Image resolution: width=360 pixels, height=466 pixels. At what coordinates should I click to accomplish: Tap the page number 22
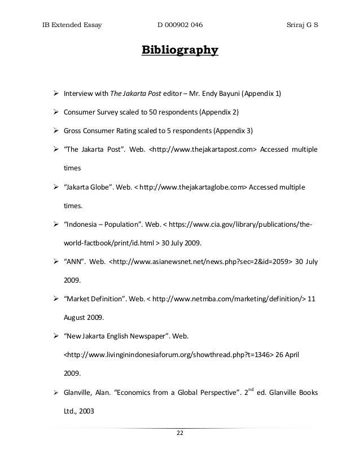pos(180,433)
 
